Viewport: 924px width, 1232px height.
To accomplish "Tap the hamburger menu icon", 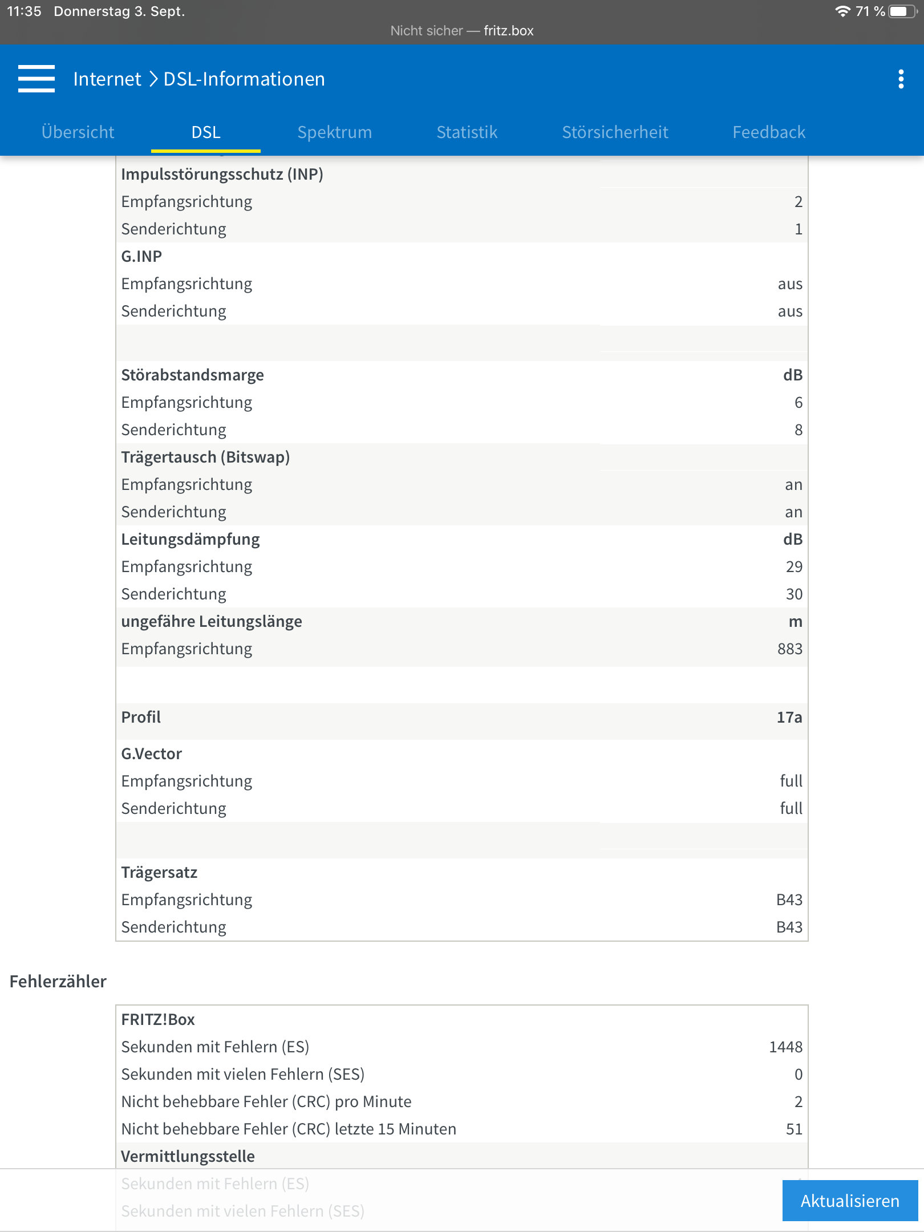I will [x=37, y=79].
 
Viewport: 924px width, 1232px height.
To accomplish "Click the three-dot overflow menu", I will [x=901, y=79].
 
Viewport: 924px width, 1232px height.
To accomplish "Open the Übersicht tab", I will [x=78, y=132].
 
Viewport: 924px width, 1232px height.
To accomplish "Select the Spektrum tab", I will [x=334, y=132].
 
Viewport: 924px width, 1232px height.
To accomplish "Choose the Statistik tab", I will [x=467, y=132].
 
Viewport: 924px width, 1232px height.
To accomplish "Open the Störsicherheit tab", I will [x=615, y=132].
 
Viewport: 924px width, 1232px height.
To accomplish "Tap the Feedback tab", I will [x=769, y=132].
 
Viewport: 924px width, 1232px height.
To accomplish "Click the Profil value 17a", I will [x=789, y=718].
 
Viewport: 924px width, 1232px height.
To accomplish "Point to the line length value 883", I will [x=789, y=649].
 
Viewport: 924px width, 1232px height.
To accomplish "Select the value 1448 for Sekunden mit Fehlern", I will [x=785, y=1047].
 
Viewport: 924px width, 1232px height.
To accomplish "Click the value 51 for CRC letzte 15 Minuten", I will [x=794, y=1129].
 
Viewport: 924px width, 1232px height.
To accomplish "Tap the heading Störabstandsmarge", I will [x=192, y=375].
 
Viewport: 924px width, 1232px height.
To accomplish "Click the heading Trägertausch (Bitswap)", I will [x=205, y=457].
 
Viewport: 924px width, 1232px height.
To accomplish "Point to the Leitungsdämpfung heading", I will [x=190, y=540].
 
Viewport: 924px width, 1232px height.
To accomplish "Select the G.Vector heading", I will [x=151, y=754].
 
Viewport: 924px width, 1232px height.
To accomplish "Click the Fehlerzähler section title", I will [x=58, y=982].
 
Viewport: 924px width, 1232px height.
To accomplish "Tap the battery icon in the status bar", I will [x=902, y=11].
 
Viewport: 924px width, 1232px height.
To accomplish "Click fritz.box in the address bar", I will [x=508, y=31].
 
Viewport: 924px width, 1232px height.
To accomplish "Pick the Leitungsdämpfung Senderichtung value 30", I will [x=794, y=594].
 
